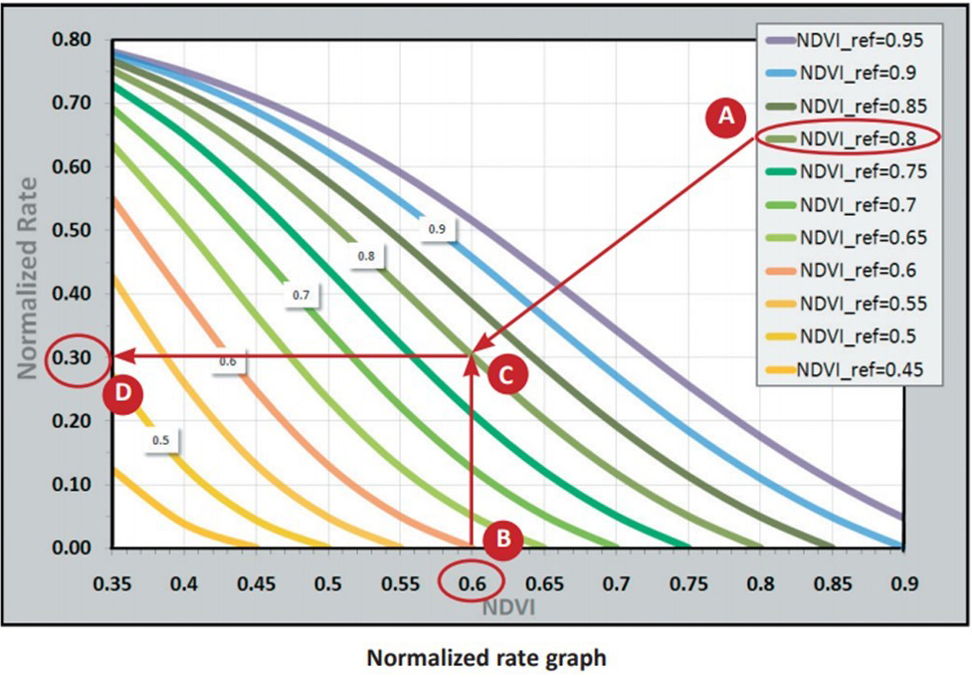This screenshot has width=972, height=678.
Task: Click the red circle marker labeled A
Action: click(x=726, y=116)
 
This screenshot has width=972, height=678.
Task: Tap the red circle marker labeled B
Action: click(x=503, y=540)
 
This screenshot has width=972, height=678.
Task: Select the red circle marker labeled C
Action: click(x=505, y=375)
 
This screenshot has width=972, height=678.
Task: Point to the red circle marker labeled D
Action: click(x=122, y=393)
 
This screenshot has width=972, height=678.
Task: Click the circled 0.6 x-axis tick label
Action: click(x=473, y=580)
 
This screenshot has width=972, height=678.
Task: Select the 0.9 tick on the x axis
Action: click(x=903, y=580)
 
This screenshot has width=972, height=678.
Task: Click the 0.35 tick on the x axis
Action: click(x=113, y=580)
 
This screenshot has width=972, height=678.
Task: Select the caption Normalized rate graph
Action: click(x=486, y=658)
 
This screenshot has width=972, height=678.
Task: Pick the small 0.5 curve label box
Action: click(x=160, y=439)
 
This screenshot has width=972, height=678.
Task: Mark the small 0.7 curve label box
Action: click(x=299, y=295)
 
